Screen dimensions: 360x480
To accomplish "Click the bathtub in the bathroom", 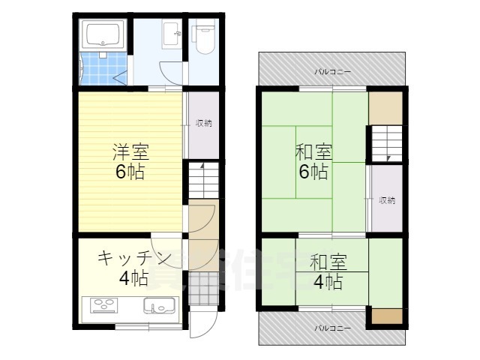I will click(103, 34).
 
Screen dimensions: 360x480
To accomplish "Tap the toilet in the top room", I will click(202, 36).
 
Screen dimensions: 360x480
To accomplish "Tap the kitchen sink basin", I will click(158, 306).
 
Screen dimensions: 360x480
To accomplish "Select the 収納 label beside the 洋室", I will click(203, 123).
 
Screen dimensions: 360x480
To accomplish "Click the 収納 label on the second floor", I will click(387, 200).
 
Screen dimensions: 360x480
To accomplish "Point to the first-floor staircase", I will click(202, 182).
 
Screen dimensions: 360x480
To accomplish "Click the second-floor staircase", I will click(386, 142).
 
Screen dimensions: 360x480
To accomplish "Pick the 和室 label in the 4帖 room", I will click(328, 262).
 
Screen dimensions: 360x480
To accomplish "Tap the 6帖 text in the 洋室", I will click(130, 172).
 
